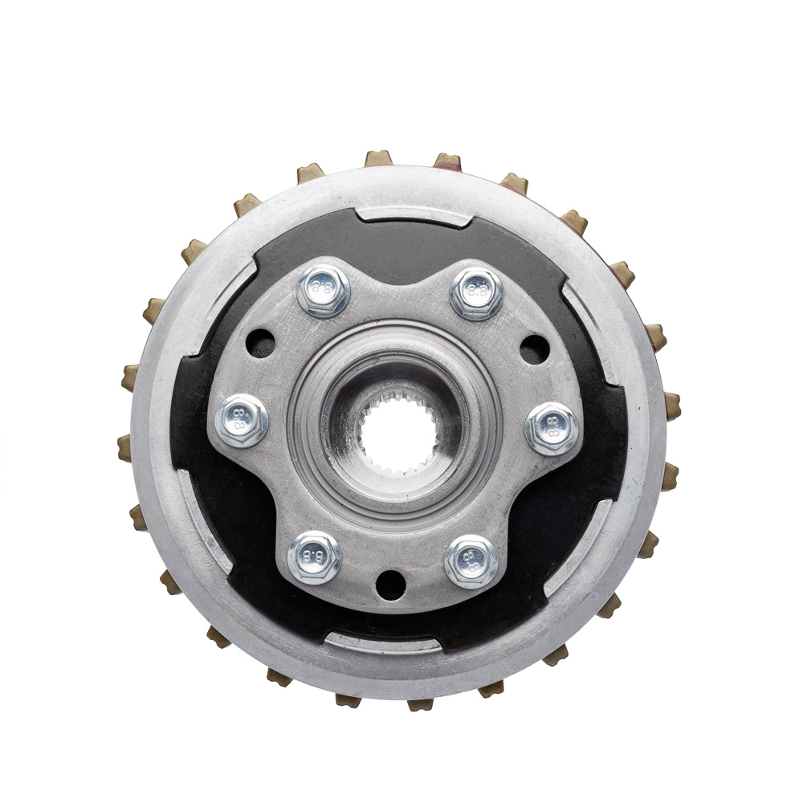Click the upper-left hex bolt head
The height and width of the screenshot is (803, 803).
pos(323,291)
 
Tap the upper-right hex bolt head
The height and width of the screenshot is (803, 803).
pos(475,293)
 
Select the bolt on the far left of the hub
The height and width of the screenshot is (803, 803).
pos(241,421)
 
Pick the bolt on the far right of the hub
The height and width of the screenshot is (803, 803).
pos(553,429)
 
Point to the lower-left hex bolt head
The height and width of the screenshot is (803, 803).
pos(314,558)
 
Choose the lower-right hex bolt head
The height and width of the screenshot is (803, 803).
pos(471,562)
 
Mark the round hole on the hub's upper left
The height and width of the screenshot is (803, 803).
pos(261,345)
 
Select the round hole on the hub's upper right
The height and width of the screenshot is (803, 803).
pos(535,350)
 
